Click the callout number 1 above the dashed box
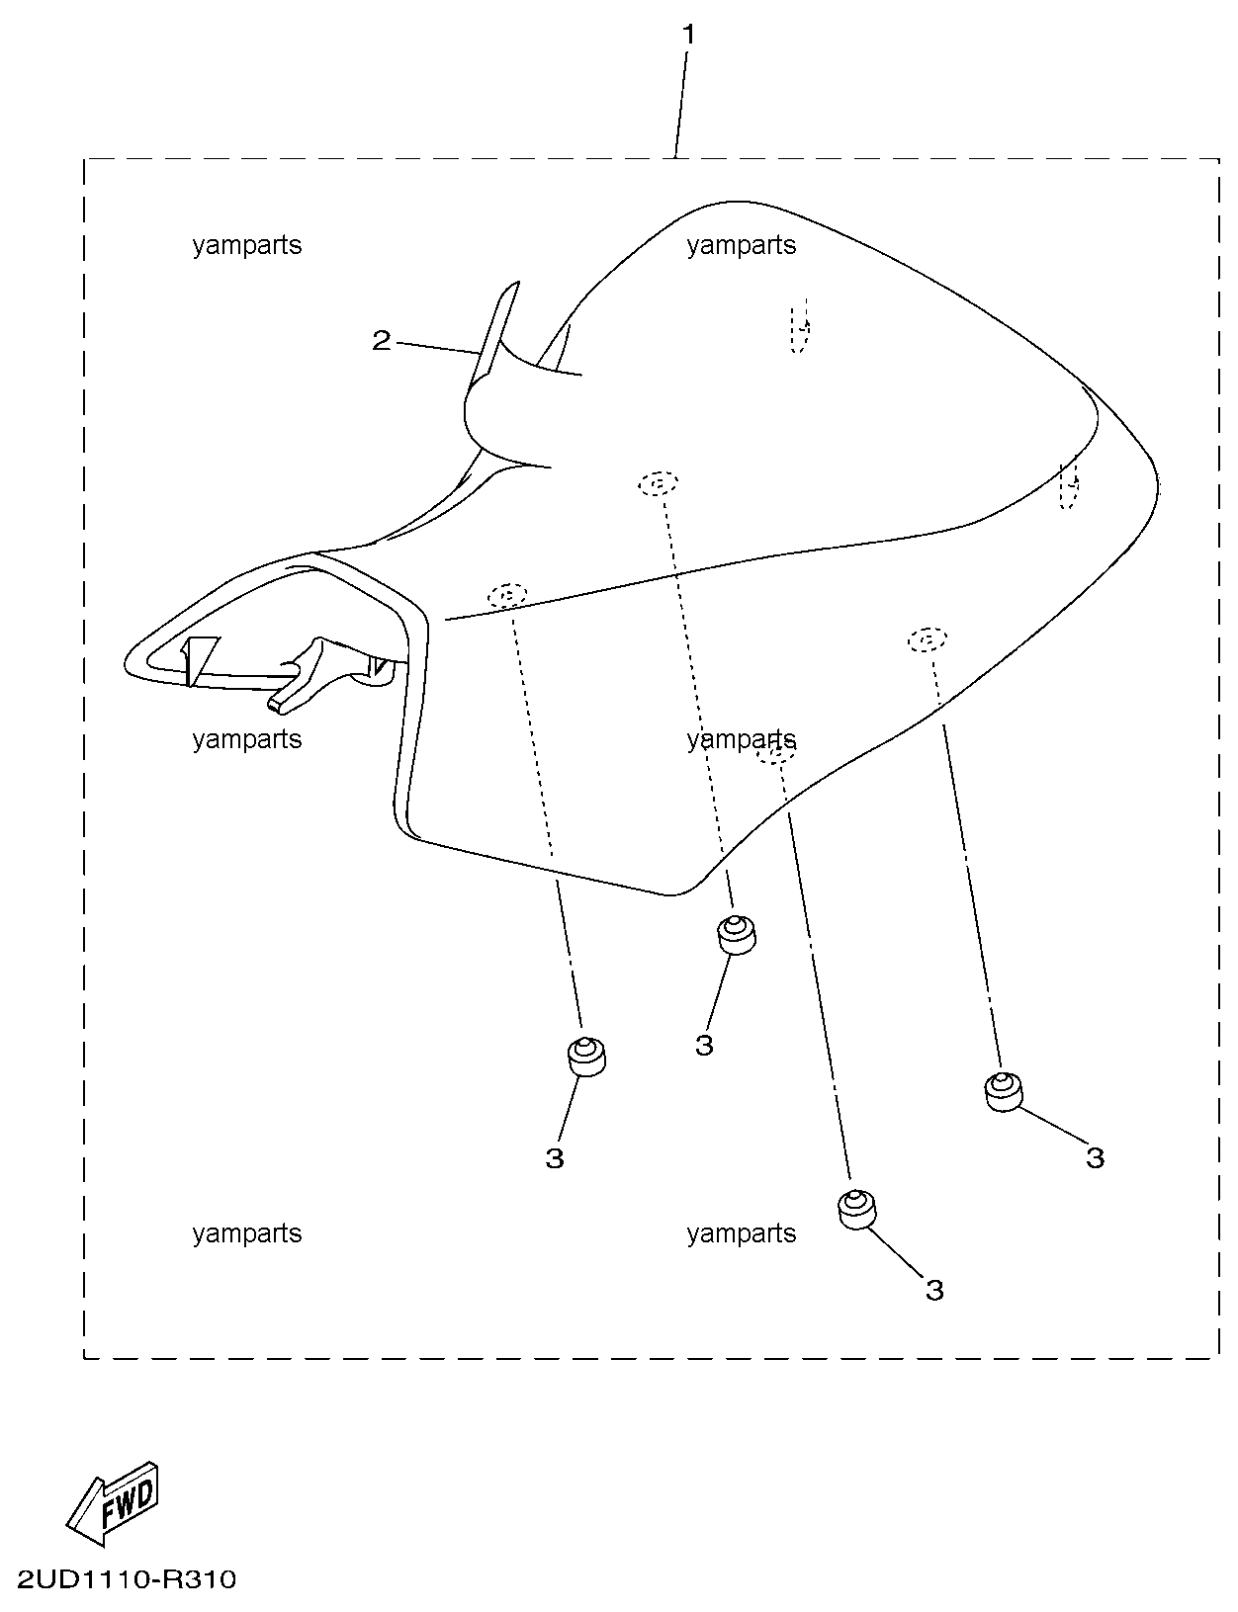(688, 36)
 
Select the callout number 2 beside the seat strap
(382, 341)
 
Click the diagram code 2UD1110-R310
(126, 1579)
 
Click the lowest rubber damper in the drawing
(856, 1208)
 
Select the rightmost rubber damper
(1004, 1091)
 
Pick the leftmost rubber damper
(585, 1057)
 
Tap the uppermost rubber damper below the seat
(736, 934)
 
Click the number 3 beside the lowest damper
(934, 1290)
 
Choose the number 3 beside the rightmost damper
(1095, 1157)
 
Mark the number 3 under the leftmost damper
(555, 1157)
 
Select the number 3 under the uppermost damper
(704, 1045)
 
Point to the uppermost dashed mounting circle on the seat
(658, 483)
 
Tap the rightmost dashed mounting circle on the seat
(927, 639)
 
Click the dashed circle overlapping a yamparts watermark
(776, 753)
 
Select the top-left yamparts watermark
(247, 245)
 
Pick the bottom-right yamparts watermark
(742, 1233)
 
